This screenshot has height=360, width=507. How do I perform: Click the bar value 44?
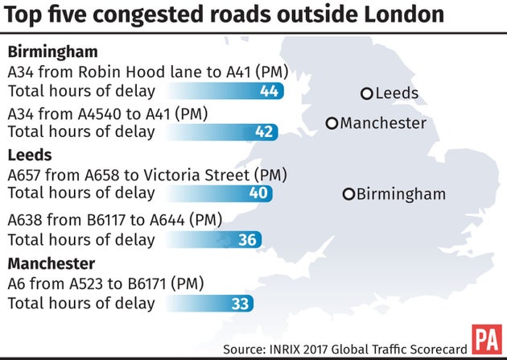pos(269,91)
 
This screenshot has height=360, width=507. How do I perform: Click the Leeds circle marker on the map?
pos(367,93)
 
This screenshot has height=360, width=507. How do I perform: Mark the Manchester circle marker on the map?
pos(332,123)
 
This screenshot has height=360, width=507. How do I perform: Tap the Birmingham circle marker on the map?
pos(348,194)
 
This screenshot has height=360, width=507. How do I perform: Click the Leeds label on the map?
pos(398,93)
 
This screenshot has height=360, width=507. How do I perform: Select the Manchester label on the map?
pos(383,123)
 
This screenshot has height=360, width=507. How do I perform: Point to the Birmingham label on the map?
pos(401,194)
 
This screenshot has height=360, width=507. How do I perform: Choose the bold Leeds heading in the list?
pos(30,155)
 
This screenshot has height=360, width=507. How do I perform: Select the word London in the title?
pos(408,14)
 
